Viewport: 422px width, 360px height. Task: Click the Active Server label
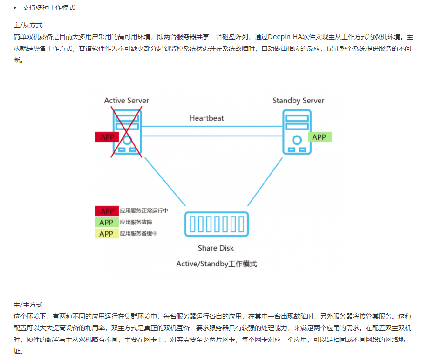[x=126, y=101]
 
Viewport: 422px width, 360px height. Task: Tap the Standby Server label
[x=298, y=101]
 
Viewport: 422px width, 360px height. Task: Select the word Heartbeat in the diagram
[x=206, y=118]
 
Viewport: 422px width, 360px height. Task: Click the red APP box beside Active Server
[x=107, y=137]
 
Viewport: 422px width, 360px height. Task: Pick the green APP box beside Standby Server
[x=319, y=137]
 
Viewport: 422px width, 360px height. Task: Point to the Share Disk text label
[x=216, y=248]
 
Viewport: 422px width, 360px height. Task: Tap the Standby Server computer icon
[x=297, y=131]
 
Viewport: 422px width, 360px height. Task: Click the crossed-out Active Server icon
[x=127, y=131]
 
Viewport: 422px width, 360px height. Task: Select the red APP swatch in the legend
[x=106, y=211]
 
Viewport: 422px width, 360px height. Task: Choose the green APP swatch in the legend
[x=106, y=223]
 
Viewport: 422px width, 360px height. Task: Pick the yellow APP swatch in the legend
[x=106, y=234]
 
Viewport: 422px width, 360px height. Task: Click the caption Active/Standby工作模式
[x=216, y=264]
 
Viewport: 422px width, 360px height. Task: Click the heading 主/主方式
[x=28, y=305]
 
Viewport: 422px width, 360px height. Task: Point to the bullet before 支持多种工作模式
[x=17, y=8]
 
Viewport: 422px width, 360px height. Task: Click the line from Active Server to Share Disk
[x=165, y=181]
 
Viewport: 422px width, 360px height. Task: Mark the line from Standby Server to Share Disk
[x=265, y=181]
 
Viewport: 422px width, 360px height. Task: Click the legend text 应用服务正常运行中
[x=144, y=211]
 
